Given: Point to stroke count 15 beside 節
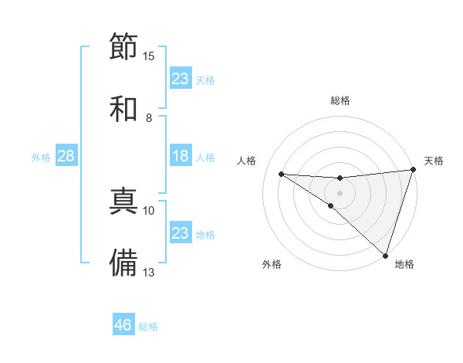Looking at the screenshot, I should [149, 56].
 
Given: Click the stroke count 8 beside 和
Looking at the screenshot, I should [149, 117].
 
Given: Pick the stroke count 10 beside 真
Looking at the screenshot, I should [149, 210].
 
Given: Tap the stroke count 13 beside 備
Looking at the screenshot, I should [149, 272].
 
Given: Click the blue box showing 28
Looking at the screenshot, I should [66, 156].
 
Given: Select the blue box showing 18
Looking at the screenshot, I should [181, 156].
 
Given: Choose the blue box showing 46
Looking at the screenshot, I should [123, 325].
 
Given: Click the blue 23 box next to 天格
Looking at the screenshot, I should [181, 79].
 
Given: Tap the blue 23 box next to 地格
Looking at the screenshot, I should [181, 233].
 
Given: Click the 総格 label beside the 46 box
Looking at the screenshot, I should [148, 327].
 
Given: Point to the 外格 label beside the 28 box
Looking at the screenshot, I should [41, 158].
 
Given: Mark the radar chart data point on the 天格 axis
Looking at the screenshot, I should [413, 171].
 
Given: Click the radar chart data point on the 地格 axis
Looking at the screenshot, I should [385, 255].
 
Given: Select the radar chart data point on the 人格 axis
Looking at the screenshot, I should [281, 174].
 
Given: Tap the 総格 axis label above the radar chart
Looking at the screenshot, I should [340, 101].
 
